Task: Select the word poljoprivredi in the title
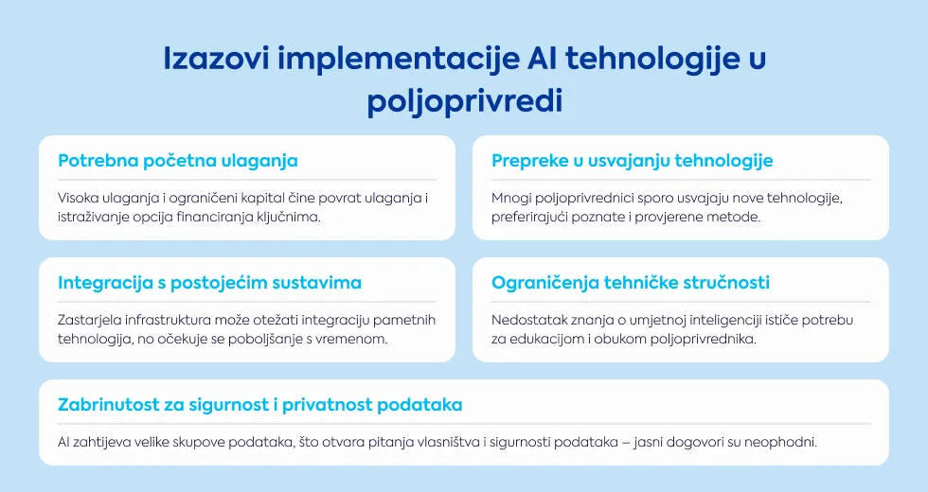pos(465,102)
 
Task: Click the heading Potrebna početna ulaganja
pos(178,161)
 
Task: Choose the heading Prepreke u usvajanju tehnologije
pos(633,161)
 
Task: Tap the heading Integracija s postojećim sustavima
pos(209,283)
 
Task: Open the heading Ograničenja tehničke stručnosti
pos(631,283)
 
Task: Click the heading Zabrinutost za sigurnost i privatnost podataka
pos(259,405)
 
